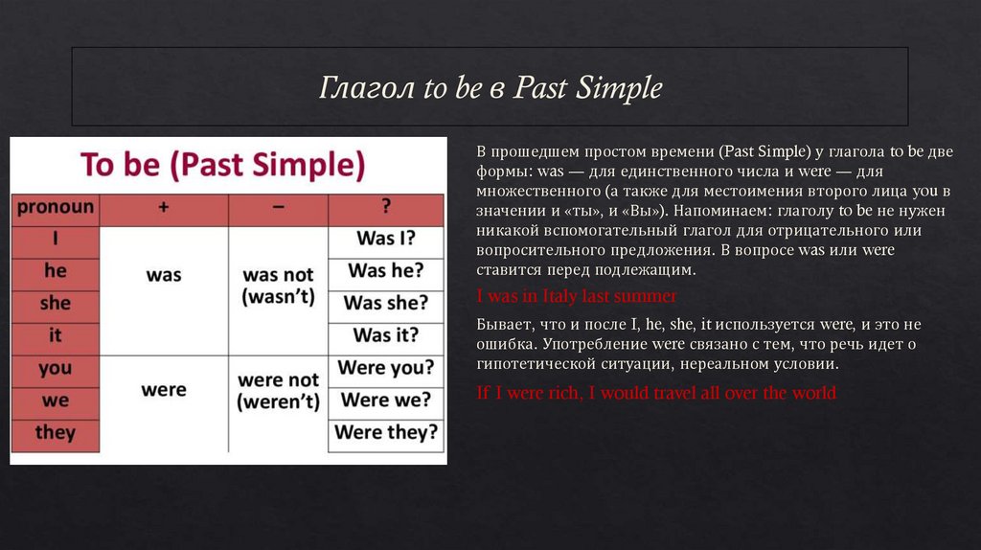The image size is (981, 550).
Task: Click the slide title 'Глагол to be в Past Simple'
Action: tap(490, 89)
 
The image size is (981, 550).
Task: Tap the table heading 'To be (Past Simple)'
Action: tap(223, 164)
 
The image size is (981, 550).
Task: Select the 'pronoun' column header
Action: tap(55, 207)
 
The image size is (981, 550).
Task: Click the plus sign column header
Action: tap(163, 208)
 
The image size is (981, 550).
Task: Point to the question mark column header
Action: tap(385, 208)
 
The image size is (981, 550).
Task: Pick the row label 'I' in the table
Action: tap(55, 240)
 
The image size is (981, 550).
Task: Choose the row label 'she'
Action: tap(55, 303)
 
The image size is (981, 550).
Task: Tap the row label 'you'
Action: tap(55, 368)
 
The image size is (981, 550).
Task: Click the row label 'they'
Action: tap(55, 432)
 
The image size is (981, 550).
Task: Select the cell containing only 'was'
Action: tap(164, 275)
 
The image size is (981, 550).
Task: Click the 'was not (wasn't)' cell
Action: tap(278, 286)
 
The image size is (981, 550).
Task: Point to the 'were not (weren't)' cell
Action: tap(278, 391)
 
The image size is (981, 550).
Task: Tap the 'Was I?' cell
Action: tap(385, 240)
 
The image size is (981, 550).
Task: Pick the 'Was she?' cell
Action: tap(385, 304)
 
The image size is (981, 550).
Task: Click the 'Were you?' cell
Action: tap(385, 368)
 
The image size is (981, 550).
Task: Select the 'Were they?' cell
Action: tap(385, 432)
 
